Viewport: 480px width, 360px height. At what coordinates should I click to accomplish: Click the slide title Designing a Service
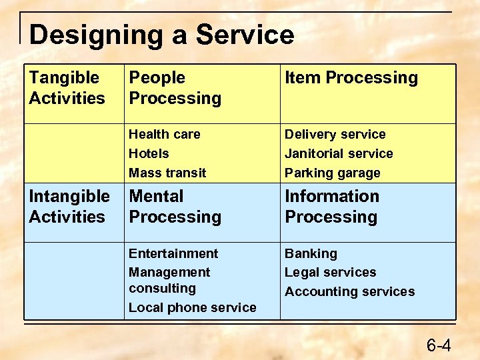pyautogui.click(x=161, y=35)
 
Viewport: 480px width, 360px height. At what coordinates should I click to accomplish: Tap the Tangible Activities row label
pyautogui.click(x=67, y=88)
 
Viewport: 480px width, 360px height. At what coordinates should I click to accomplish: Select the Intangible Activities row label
pyautogui.click(x=69, y=207)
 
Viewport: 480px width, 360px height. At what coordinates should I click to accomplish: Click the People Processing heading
pyautogui.click(x=175, y=88)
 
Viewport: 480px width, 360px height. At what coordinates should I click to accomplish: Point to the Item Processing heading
pyautogui.click(x=351, y=78)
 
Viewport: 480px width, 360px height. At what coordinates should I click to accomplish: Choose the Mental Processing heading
pyautogui.click(x=175, y=207)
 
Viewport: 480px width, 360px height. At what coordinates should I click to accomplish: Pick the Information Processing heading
pyautogui.click(x=332, y=207)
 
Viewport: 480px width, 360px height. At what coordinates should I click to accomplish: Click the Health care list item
pyautogui.click(x=164, y=134)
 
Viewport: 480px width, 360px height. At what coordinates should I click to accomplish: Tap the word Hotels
pyautogui.click(x=149, y=153)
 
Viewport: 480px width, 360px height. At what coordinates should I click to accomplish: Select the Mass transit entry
pyautogui.click(x=167, y=173)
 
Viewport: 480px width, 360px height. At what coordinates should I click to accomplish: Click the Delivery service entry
pyautogui.click(x=335, y=134)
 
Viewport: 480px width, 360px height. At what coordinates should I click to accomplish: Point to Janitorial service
pyautogui.click(x=339, y=153)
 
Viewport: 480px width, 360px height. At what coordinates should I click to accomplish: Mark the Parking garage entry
pyautogui.click(x=333, y=173)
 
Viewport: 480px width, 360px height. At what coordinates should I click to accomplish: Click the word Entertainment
pyautogui.click(x=173, y=253)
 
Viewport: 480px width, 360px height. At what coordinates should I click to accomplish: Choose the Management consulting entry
pyautogui.click(x=169, y=280)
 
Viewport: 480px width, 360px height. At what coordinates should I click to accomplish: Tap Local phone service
pyautogui.click(x=192, y=307)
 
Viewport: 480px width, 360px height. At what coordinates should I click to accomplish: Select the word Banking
pyautogui.click(x=311, y=253)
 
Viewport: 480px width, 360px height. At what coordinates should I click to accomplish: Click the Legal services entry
pyautogui.click(x=330, y=272)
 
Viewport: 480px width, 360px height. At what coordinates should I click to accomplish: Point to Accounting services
pyautogui.click(x=349, y=291)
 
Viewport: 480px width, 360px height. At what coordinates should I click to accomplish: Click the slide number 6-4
pyautogui.click(x=439, y=345)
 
